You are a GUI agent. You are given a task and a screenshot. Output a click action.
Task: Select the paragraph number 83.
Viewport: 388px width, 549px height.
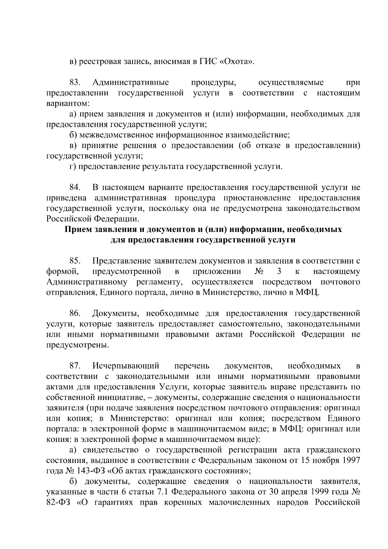[75, 83]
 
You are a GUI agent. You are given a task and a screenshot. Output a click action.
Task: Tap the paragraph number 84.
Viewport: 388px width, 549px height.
[75, 188]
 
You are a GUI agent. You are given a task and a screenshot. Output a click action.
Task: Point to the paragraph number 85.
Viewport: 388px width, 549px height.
[75, 261]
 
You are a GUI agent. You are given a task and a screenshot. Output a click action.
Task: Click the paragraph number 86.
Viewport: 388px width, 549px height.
[75, 313]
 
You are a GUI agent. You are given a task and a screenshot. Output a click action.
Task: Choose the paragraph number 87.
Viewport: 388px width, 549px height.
[75, 366]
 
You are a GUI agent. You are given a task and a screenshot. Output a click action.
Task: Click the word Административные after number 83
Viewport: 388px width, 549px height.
[131, 83]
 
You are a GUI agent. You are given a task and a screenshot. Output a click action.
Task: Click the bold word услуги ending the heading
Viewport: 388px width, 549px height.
[282, 240]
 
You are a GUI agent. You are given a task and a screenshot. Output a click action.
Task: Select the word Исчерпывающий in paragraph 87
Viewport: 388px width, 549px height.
[126, 366]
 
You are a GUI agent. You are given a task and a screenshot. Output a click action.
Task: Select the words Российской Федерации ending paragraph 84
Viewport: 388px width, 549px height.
[92, 219]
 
